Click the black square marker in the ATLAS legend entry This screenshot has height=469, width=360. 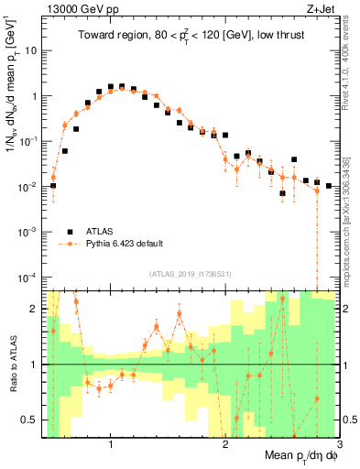[70, 231]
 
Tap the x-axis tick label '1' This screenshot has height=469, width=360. [111, 445]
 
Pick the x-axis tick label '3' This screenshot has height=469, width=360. [340, 445]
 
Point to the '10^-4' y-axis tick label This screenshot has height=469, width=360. [29, 277]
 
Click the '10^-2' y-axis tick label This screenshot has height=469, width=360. [29, 186]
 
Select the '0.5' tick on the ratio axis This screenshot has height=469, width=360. [30, 420]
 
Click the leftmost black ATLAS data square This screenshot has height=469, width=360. [53, 186]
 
